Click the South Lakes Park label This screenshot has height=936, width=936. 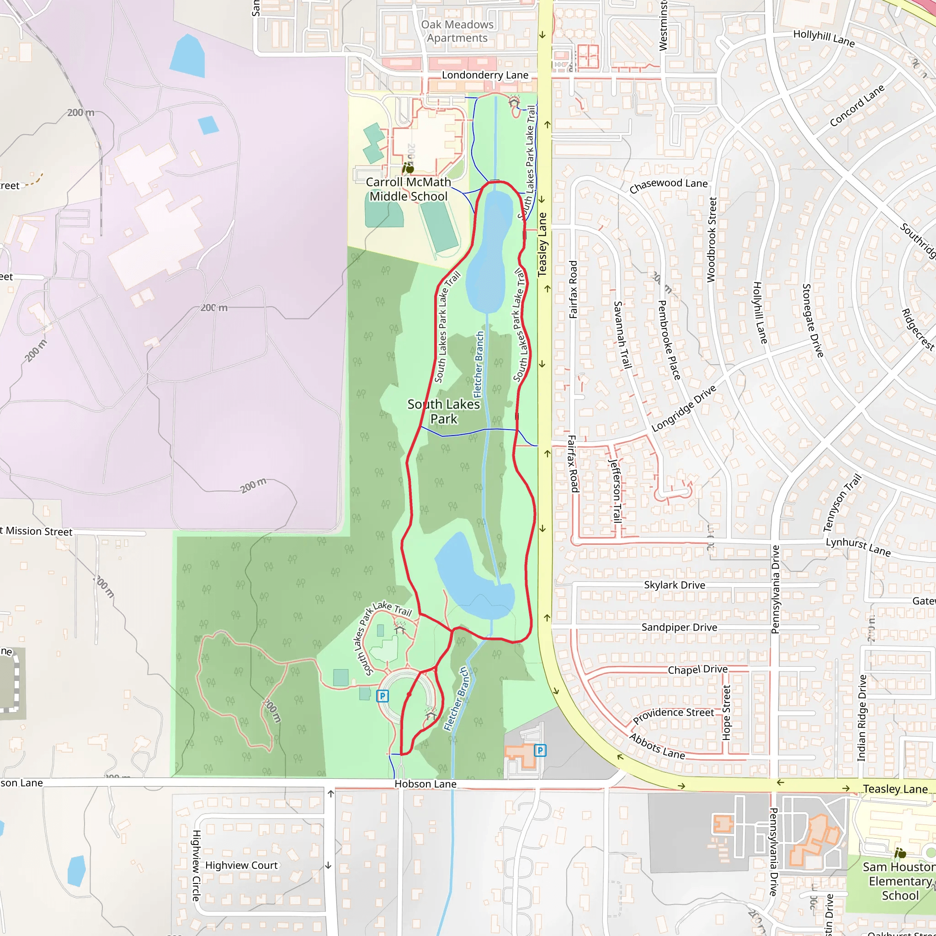pos(443,411)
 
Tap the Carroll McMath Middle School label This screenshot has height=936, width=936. pos(409,189)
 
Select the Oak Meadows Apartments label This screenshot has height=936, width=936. pos(457,31)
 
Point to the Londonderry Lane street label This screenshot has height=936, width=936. pos(485,75)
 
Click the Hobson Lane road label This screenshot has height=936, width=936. pos(425,784)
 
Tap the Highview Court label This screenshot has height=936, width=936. pos(241,865)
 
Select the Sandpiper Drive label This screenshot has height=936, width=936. pos(679,628)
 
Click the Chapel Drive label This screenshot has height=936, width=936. pos(697,670)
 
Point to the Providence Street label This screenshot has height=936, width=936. pos(673,715)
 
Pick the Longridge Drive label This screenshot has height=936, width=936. pos(684,409)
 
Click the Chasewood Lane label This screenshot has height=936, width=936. pos(668,185)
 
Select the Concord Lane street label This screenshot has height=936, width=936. pos(857,106)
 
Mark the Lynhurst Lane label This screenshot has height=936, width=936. pos(858,547)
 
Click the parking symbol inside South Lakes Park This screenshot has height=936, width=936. pos(383,696)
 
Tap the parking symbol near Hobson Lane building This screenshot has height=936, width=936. pos(540,750)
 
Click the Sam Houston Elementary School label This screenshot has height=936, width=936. pos(899,881)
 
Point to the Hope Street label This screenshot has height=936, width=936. pos(726,712)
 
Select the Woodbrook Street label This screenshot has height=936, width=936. pos(711,239)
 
